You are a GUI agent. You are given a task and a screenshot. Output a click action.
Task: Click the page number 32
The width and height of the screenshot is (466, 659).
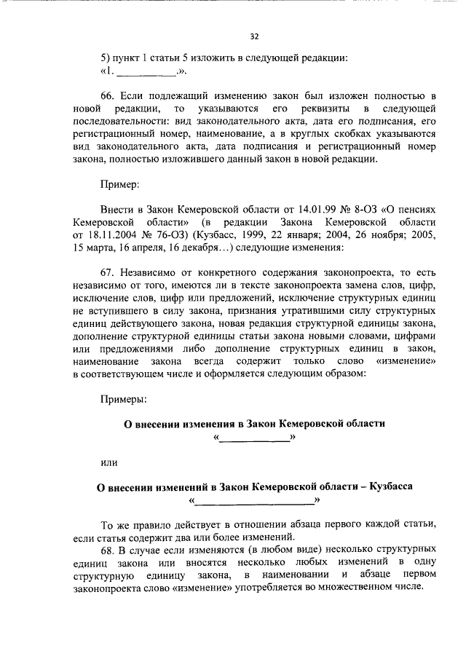(x=255, y=36)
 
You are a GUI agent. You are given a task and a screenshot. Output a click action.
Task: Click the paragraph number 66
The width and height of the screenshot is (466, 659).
(x=108, y=96)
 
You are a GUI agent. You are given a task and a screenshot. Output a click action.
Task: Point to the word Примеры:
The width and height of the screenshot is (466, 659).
(x=124, y=398)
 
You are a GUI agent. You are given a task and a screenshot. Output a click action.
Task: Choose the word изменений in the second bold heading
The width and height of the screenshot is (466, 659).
(x=178, y=486)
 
